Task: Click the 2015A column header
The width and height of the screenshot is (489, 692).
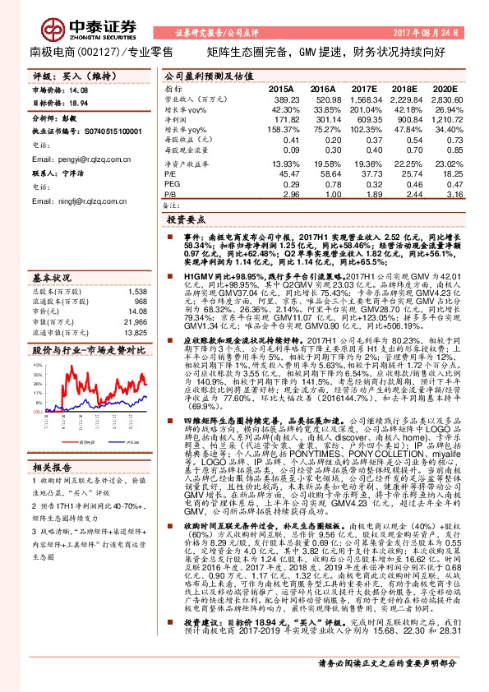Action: (281, 87)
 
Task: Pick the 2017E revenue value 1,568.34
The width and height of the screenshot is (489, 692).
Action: (362, 98)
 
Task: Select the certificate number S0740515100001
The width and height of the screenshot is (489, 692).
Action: (114, 131)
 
